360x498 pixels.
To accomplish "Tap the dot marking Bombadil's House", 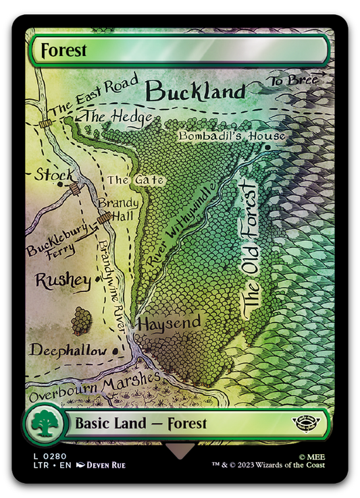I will coord(269,146).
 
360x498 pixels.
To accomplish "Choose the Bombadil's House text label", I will coord(232,136).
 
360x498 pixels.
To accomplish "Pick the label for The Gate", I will coord(126,180).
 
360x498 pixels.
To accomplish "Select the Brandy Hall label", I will coord(119,209).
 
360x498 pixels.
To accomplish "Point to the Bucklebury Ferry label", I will coord(57,242).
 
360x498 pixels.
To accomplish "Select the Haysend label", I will coord(169,323).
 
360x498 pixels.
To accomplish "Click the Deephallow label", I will coord(68,350).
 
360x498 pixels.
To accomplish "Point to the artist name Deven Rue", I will coord(105,465).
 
